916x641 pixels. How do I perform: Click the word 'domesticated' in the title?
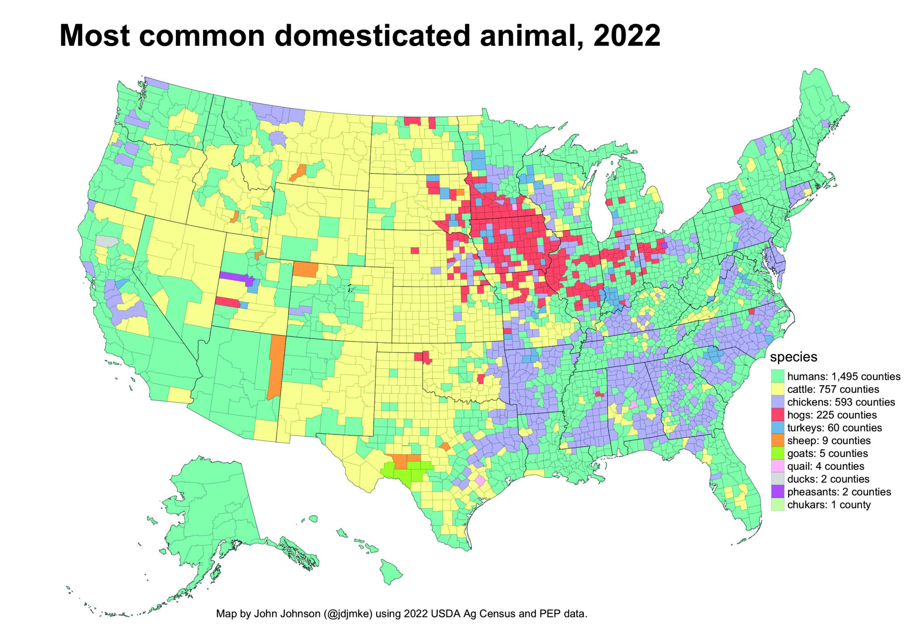point(372,35)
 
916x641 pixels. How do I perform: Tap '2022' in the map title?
point(626,35)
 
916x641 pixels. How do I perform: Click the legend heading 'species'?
point(793,357)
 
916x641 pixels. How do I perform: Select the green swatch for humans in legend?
point(778,376)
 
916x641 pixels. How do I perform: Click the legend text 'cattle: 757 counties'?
point(833,389)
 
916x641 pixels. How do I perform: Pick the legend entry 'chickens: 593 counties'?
point(841,402)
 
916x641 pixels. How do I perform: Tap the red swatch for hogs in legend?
point(778,415)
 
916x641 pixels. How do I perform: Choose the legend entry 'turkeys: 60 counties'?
point(834,428)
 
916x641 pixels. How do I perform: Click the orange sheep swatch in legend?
point(778,441)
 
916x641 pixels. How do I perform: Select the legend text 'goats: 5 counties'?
point(827,454)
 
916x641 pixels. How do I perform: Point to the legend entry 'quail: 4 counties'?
point(825,467)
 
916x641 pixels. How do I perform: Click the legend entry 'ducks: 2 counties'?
point(828,479)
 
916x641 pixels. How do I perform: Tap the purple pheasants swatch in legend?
point(778,492)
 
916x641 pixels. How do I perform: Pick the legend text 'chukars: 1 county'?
point(828,505)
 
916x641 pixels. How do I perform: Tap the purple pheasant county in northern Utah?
point(234,277)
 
